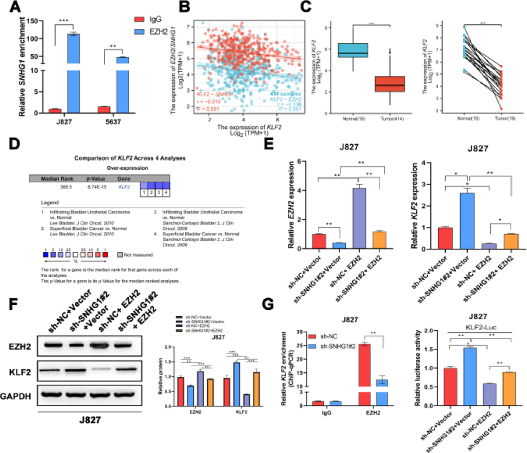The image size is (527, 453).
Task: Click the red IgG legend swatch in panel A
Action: (139, 19)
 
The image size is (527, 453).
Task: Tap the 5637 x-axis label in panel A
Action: (113, 122)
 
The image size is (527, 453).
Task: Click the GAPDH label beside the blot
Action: (16, 396)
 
